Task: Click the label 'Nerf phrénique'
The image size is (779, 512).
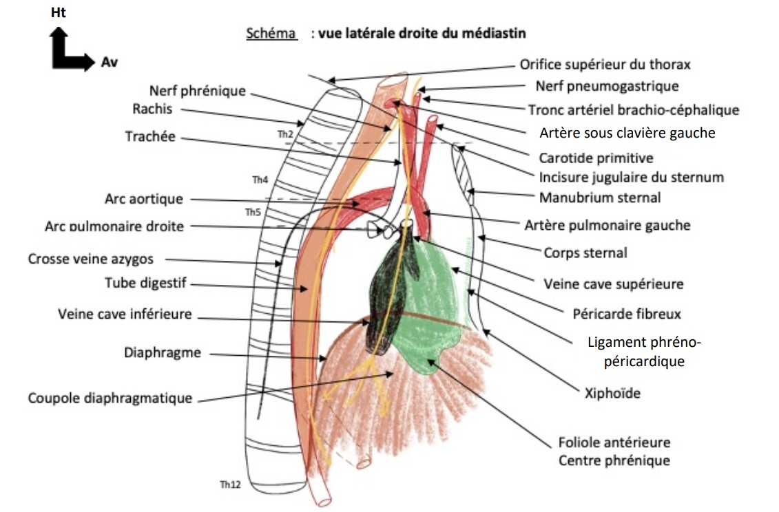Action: (197, 92)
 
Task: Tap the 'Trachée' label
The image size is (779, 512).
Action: (150, 137)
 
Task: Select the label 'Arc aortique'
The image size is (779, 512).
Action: (143, 199)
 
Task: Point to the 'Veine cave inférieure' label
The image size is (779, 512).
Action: (125, 314)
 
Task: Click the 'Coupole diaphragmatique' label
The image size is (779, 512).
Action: (110, 398)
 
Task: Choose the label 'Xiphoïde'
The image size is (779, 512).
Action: (612, 393)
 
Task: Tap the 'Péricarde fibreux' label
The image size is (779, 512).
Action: (627, 314)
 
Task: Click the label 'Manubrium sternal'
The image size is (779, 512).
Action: (599, 198)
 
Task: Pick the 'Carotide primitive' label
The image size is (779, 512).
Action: (596, 158)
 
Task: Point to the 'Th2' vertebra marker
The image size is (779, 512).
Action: (285, 134)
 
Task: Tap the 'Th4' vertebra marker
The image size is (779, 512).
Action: (260, 180)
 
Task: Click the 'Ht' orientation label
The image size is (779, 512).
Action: (59, 12)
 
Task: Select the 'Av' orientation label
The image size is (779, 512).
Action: (108, 62)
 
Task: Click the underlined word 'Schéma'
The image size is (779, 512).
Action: (271, 34)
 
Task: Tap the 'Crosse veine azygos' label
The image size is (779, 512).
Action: (91, 259)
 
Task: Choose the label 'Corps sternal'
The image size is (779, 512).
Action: (585, 253)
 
